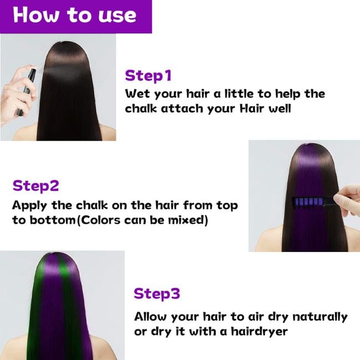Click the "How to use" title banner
76,17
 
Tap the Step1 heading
148,75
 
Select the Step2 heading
36,186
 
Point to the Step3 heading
157,294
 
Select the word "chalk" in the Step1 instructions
141,109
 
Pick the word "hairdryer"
259,331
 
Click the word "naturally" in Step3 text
320,317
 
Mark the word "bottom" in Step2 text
53,220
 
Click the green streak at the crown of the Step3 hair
64,268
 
